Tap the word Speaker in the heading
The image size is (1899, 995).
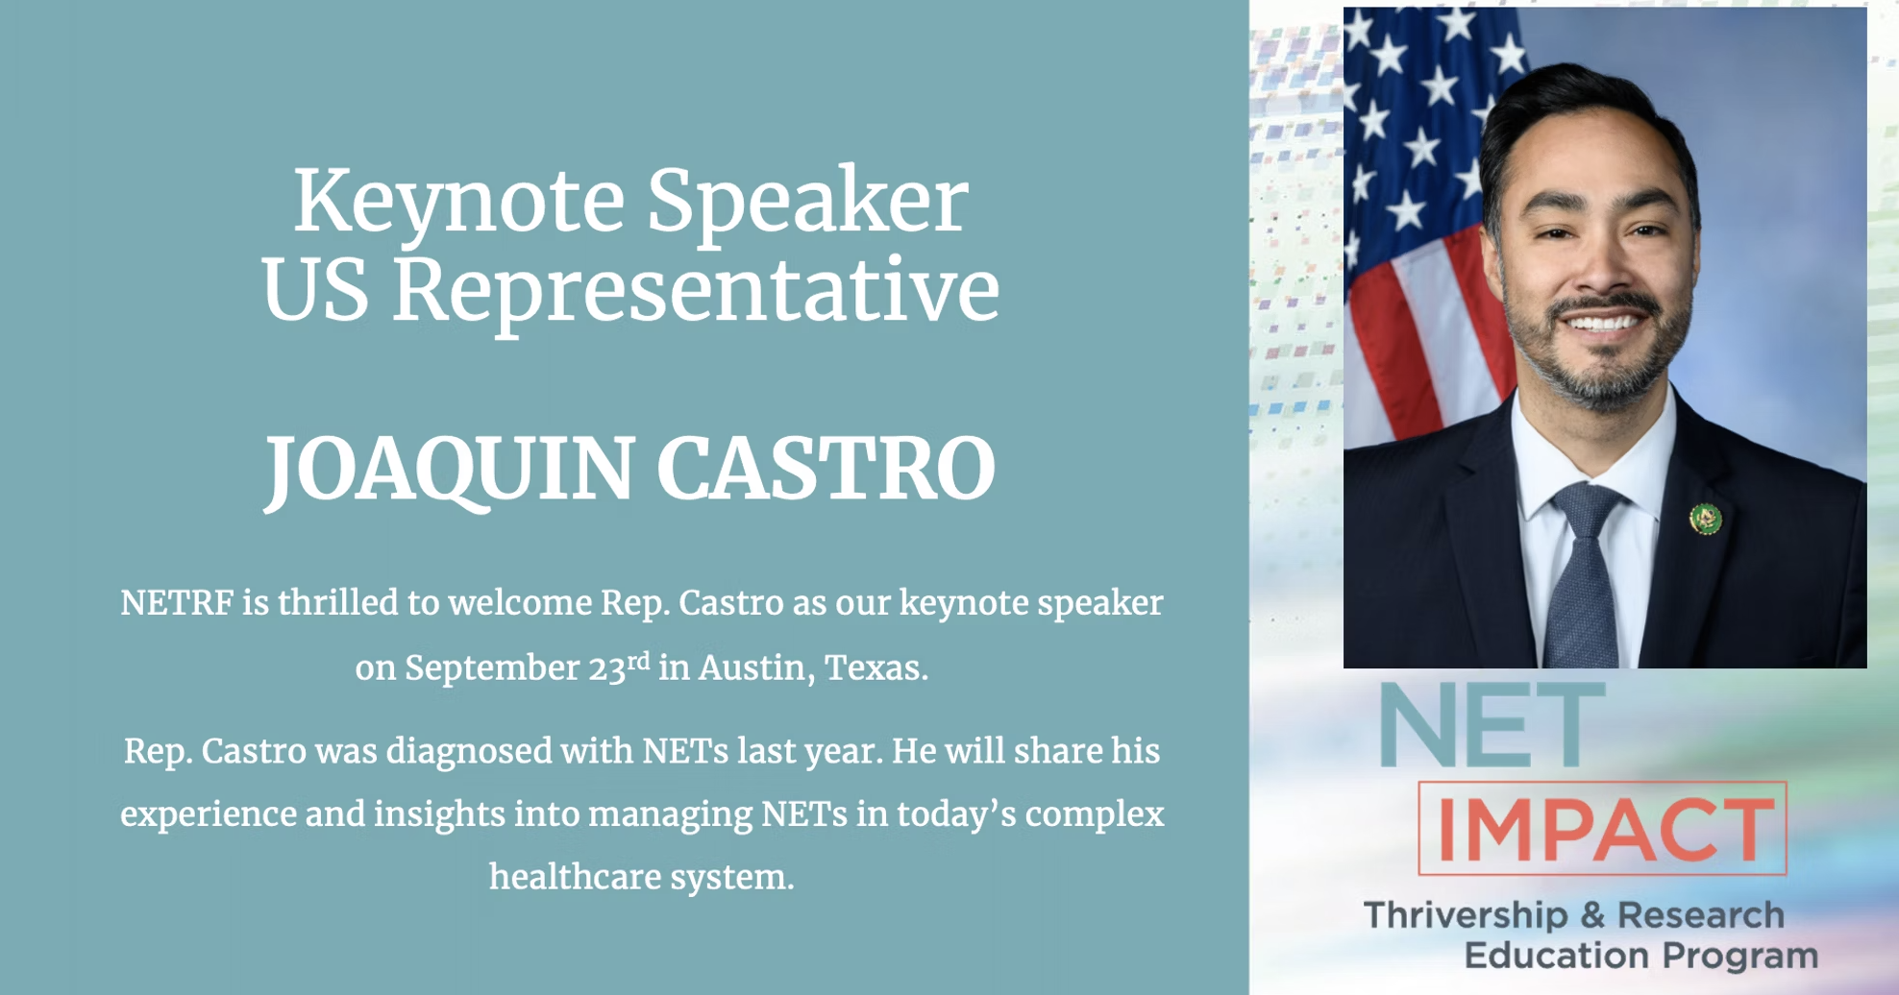(x=807, y=202)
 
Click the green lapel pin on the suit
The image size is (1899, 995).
(x=1705, y=520)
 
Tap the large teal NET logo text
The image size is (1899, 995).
(x=1492, y=726)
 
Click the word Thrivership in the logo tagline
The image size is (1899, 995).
(x=1465, y=915)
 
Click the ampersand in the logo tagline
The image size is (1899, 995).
(x=1592, y=915)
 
